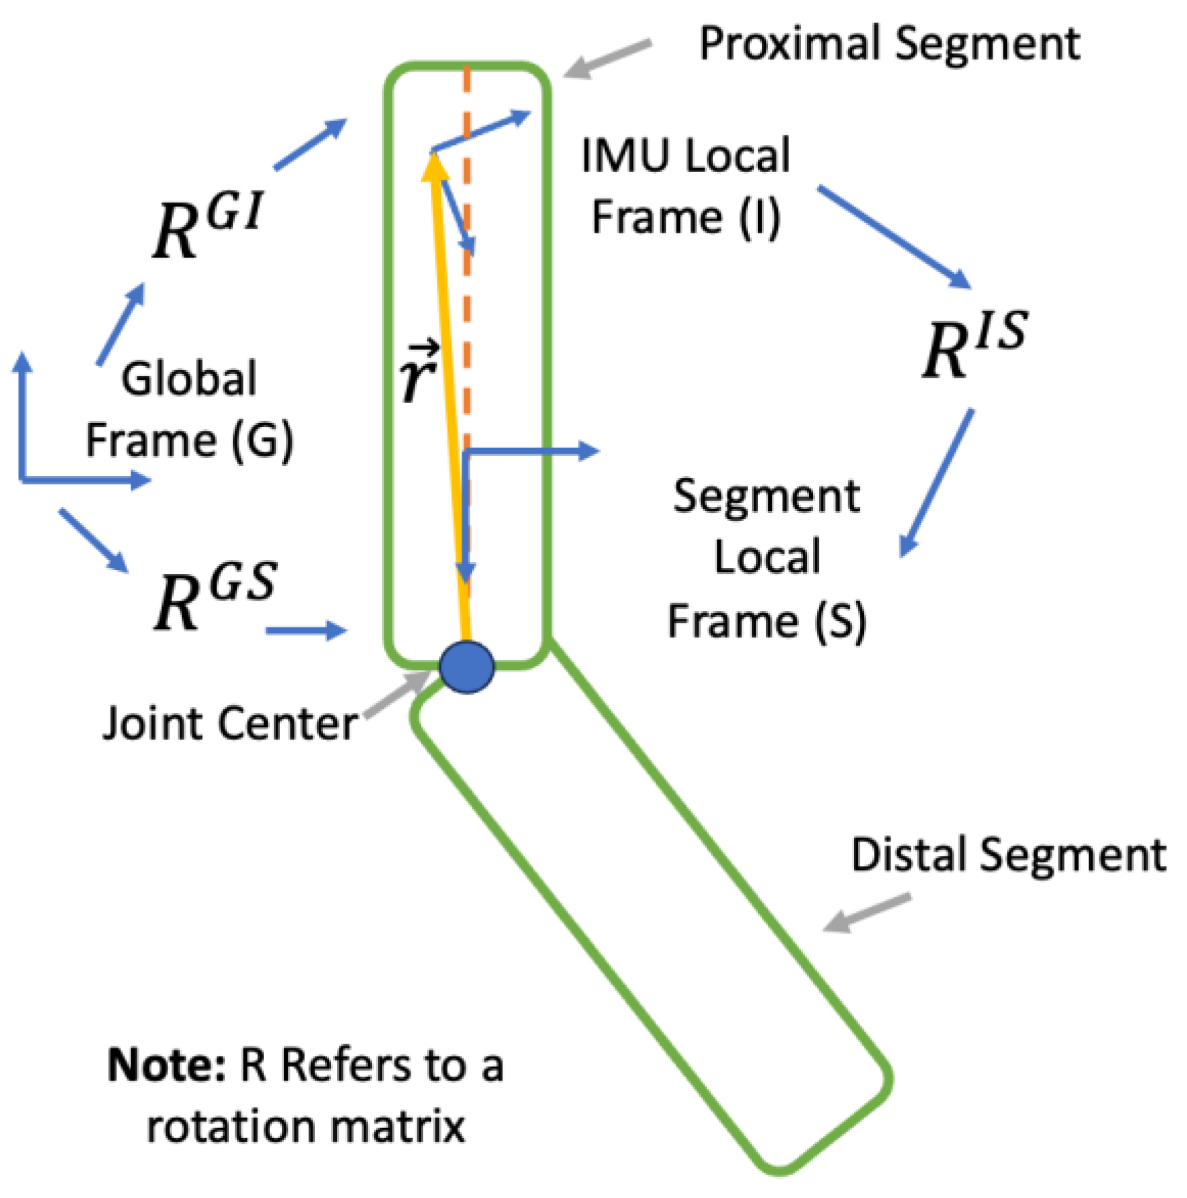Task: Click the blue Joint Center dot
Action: [x=466, y=667]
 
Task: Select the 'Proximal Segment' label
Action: [x=889, y=44]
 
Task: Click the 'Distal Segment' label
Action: [x=1008, y=854]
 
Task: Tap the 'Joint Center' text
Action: [x=230, y=723]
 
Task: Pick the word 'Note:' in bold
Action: [x=167, y=1065]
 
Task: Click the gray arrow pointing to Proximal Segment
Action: [x=606, y=59]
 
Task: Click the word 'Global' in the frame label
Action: [x=189, y=378]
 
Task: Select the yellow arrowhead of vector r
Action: [x=434, y=166]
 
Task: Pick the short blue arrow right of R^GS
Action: [x=306, y=630]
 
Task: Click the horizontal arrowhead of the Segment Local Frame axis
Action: [x=589, y=450]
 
